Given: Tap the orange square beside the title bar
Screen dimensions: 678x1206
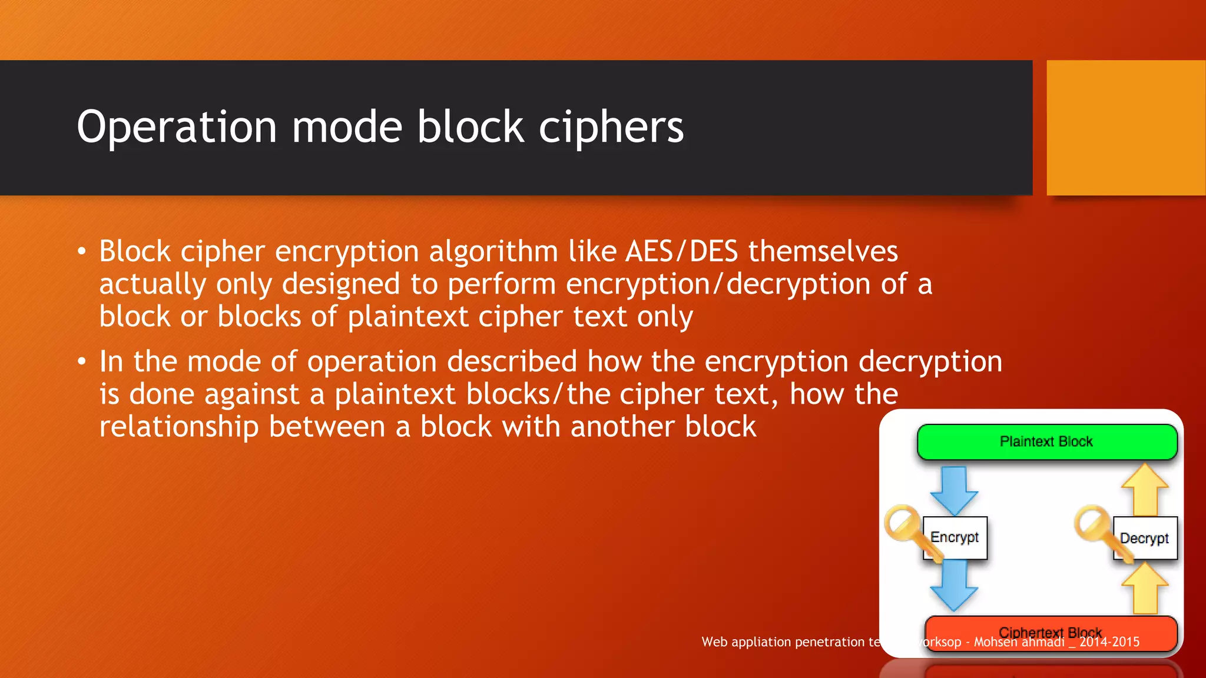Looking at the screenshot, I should tap(1126, 128).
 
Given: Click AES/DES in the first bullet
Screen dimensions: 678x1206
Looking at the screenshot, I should tap(681, 252).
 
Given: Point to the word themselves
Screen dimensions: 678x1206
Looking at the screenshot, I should tap(823, 252).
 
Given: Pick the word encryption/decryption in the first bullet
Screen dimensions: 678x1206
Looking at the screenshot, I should tap(718, 284).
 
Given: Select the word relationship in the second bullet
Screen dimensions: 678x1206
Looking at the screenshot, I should tap(178, 427).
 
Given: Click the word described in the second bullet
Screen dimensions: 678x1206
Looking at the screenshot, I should tap(512, 361).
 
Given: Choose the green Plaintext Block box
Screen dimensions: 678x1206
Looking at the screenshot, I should tap(1046, 441).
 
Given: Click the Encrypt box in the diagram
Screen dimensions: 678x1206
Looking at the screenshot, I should tap(955, 537).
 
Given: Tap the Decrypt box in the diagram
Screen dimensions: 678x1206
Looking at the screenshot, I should tap(1145, 538).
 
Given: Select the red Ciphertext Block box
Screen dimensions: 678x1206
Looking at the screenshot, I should tap(1051, 632).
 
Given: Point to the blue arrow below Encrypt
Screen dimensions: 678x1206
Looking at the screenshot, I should tap(954, 586).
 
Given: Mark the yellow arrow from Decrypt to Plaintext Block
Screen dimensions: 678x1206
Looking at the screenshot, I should tap(1145, 490).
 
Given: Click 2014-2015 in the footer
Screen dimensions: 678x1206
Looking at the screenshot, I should tap(1109, 642).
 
